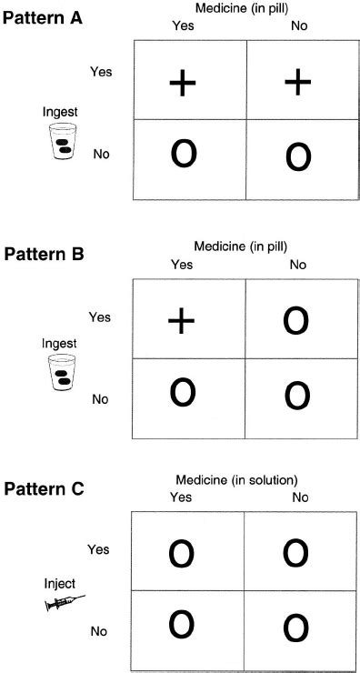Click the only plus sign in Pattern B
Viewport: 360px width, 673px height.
[x=183, y=319]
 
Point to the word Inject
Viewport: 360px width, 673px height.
[x=58, y=582]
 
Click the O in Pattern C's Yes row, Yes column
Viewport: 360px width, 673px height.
[x=183, y=553]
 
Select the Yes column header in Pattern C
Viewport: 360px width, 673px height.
[x=183, y=497]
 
